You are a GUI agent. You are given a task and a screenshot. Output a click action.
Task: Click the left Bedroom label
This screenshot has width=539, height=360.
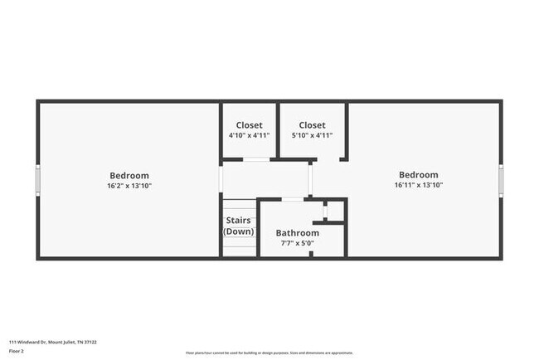point(129,175)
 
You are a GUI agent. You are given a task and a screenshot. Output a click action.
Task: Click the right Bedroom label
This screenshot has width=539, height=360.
point(418,174)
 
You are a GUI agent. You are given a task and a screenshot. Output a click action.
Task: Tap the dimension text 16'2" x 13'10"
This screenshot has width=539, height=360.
point(129,186)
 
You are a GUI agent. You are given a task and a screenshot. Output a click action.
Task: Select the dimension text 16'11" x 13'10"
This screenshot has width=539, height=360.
point(418,185)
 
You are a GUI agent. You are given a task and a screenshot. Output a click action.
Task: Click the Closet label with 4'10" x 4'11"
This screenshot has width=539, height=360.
point(249,125)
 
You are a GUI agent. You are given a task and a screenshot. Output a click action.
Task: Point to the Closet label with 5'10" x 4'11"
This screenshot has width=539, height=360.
point(312,125)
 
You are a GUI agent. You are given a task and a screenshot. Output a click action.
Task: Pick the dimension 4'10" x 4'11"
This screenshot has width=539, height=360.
point(249,135)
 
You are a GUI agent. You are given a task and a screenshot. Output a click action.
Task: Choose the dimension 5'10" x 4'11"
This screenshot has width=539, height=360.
point(312,135)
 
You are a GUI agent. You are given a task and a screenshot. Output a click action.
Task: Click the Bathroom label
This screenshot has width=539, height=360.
point(297,233)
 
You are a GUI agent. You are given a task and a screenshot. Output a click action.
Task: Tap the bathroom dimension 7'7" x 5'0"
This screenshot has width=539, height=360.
point(297,243)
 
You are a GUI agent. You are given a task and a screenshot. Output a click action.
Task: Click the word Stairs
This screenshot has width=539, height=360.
point(239,221)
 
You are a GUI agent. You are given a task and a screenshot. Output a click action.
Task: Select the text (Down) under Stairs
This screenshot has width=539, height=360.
point(239,231)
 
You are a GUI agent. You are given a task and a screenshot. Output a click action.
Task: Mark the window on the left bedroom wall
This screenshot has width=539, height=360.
point(37,180)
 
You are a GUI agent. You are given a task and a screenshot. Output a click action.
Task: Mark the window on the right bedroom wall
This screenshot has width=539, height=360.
point(501,180)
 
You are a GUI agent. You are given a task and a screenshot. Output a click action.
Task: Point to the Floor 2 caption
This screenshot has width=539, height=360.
point(17,351)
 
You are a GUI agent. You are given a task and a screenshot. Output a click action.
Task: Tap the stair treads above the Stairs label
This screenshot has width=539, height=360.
point(239,205)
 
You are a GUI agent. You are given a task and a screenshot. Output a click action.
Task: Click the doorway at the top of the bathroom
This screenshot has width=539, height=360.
point(292,199)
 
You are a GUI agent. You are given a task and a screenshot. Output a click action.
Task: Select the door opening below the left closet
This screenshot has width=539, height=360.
point(256,158)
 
